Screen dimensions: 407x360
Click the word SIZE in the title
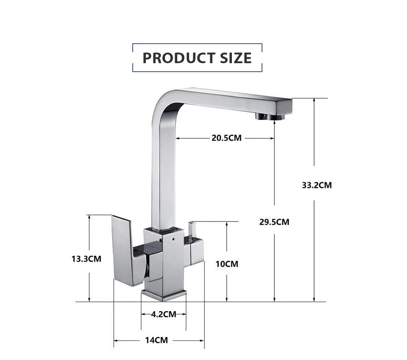(236, 58)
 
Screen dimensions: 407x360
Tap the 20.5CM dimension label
(226, 138)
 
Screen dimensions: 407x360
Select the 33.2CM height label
(317, 185)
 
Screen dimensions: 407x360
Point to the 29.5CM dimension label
(274, 222)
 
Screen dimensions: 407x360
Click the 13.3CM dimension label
(86, 259)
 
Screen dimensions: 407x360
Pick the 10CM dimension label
(227, 264)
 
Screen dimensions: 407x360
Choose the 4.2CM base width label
(164, 314)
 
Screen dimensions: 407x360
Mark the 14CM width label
(156, 340)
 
